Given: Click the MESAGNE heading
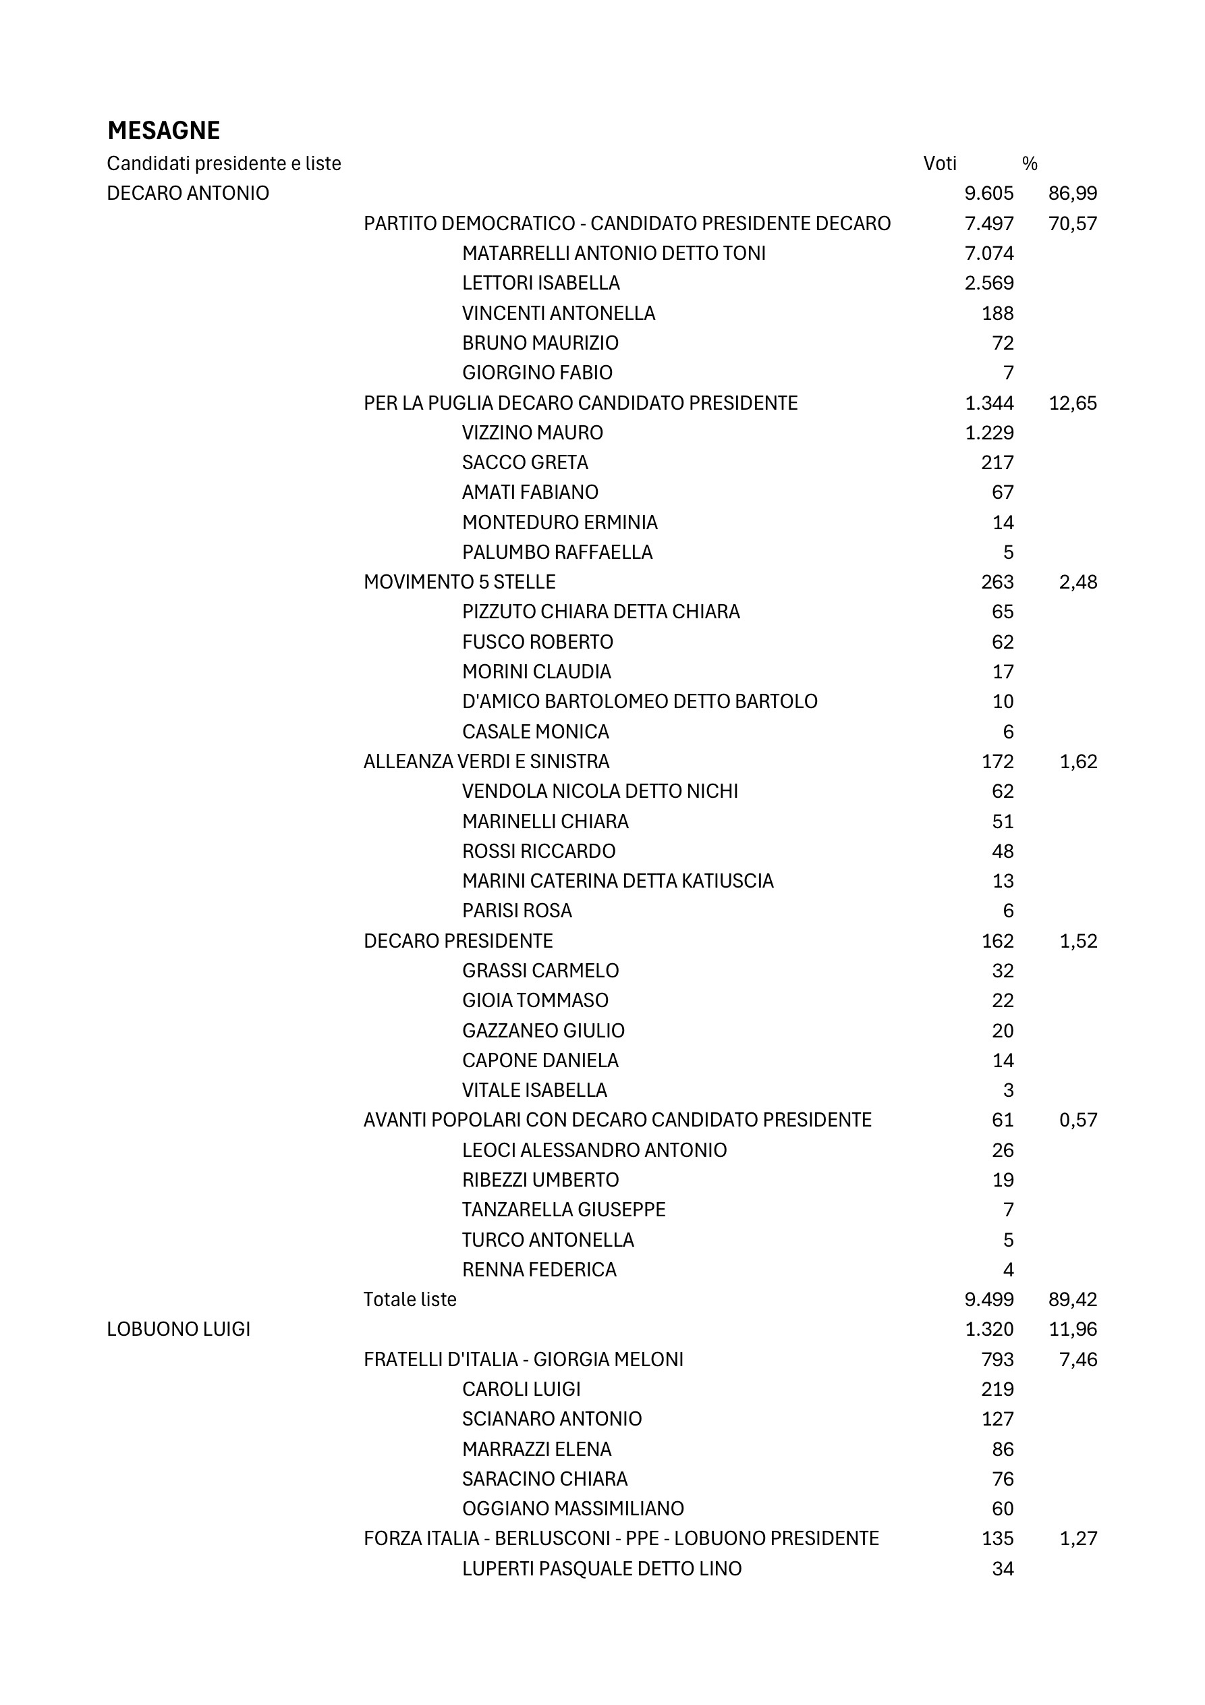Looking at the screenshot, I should point(163,131).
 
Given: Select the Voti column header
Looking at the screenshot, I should point(939,163).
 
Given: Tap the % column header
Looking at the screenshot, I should point(1029,163).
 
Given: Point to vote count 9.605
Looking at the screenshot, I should point(988,193).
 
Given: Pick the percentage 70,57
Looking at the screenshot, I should point(1072,223).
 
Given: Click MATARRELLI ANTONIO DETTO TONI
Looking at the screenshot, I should point(613,253).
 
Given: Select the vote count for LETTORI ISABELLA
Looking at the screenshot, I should point(988,283).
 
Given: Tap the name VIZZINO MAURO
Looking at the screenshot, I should point(532,432).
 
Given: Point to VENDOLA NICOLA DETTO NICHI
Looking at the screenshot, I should point(600,791).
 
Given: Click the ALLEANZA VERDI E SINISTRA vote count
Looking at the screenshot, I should point(997,761).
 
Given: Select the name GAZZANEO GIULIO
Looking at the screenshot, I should point(542,1030).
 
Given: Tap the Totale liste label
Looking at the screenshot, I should point(410,1299).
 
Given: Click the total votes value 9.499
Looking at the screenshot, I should point(988,1299).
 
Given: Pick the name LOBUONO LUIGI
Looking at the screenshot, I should point(178,1328).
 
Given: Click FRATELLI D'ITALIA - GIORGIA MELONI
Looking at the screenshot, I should point(523,1359).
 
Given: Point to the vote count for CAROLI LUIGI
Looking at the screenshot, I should point(997,1388).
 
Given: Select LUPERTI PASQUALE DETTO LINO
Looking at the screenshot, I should point(601,1569).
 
